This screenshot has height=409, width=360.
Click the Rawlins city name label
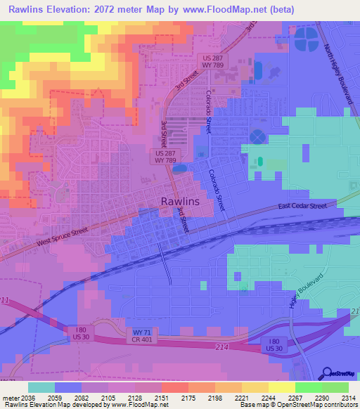click(x=180, y=201)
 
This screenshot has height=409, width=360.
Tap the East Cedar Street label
click(x=302, y=207)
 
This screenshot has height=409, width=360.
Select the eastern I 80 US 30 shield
click(x=275, y=345)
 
